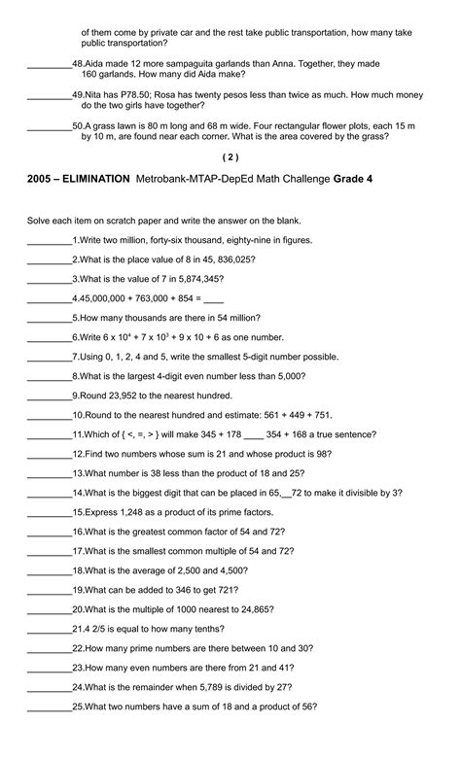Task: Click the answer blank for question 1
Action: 49,239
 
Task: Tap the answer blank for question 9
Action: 49,396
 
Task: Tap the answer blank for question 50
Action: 49,126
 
